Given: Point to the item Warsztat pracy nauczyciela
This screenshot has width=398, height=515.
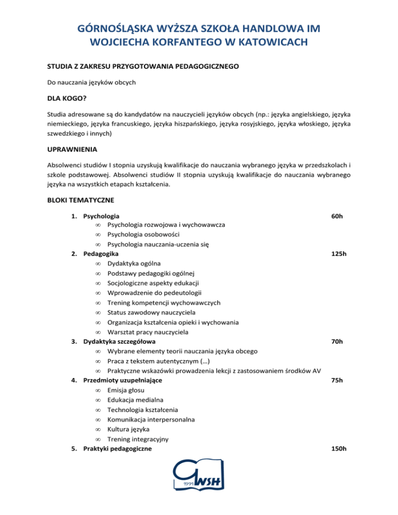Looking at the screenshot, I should click(148, 332).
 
